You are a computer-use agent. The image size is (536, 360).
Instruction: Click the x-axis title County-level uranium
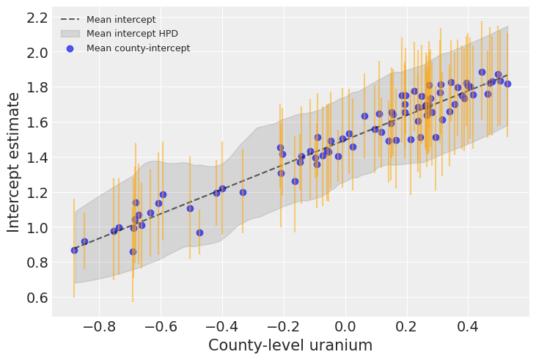point(290,345)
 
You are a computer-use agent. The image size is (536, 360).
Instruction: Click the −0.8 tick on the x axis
point(98,326)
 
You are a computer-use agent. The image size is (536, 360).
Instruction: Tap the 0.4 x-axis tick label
point(467,326)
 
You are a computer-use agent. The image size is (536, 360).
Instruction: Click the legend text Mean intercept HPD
point(132,34)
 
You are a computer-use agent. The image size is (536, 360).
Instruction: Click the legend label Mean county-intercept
point(138,48)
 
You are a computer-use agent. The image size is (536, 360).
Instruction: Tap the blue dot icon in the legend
point(70,48)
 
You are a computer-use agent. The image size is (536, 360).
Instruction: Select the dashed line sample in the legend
point(70,20)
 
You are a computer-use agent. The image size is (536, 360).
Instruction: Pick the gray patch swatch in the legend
point(70,34)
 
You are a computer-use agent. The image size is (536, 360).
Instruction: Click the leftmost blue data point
point(74,250)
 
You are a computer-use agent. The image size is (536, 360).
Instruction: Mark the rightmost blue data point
point(507,84)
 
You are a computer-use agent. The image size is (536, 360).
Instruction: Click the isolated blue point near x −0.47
point(199,232)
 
